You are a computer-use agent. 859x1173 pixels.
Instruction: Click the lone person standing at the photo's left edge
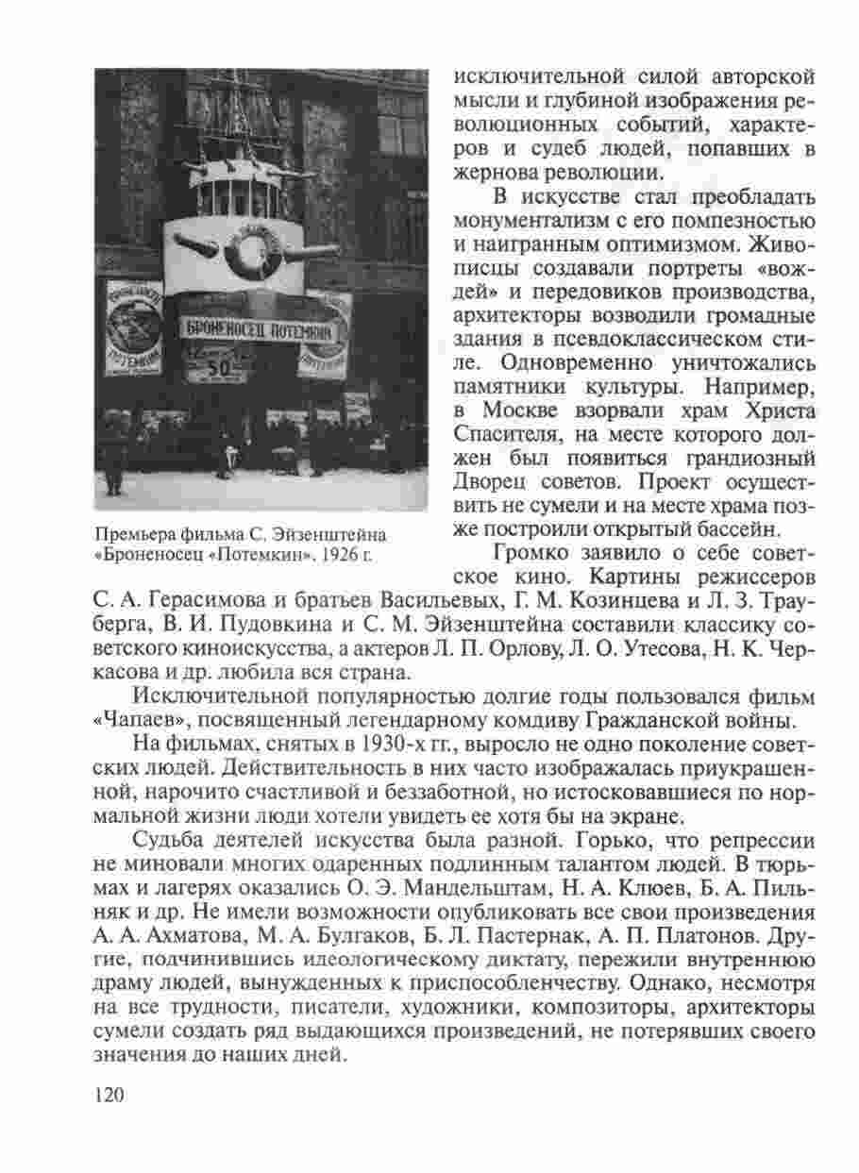click(112, 458)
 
